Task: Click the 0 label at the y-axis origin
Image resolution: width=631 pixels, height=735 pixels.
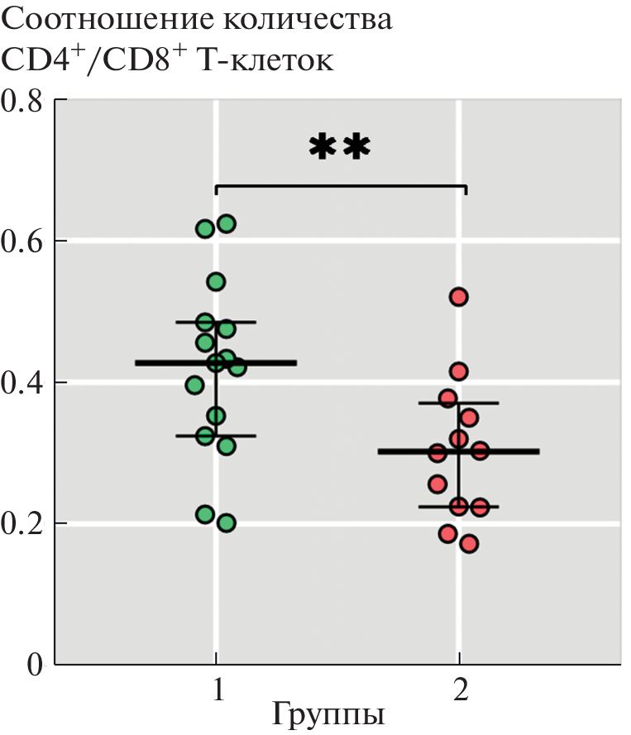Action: (33, 665)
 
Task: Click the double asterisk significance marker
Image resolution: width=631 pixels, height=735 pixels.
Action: (340, 148)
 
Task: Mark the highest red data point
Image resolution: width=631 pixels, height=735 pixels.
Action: (459, 297)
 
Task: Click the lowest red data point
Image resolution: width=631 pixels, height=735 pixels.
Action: (469, 543)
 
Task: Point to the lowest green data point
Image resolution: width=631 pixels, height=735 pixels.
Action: (227, 523)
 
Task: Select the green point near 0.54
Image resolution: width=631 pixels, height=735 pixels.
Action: (216, 282)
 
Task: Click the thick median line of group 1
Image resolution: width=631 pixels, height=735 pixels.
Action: (165, 363)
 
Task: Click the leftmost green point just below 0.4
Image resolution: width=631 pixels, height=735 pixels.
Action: (195, 384)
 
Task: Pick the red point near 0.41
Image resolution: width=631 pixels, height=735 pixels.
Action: (459, 370)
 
